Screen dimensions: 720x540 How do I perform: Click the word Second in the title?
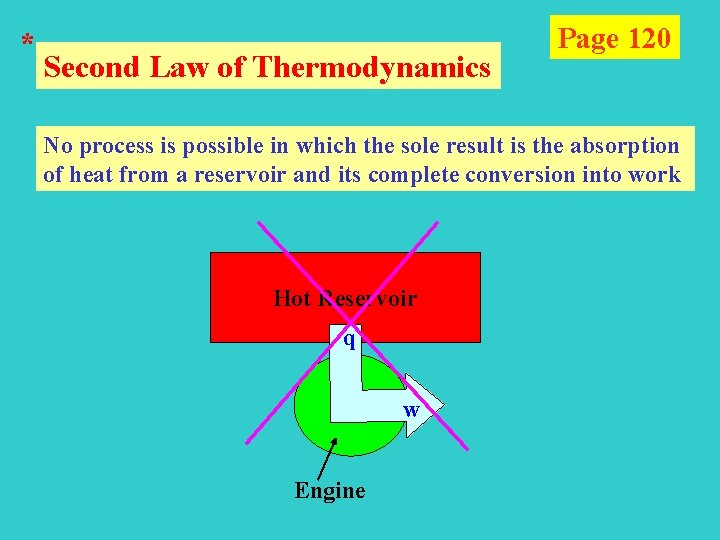click(x=95, y=68)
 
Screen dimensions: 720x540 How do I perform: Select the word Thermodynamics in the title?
click(x=373, y=68)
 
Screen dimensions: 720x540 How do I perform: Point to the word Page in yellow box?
click(x=588, y=39)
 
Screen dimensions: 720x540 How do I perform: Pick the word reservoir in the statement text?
click(x=245, y=176)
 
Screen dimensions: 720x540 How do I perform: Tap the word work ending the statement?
click(x=656, y=176)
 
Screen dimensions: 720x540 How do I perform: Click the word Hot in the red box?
click(x=292, y=298)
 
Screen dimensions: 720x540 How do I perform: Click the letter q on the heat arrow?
click(x=349, y=339)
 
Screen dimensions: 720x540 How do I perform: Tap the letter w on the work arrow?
click(x=411, y=410)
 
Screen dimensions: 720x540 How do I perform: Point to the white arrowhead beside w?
click(x=420, y=405)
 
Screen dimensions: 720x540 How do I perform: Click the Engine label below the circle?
click(x=330, y=490)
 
